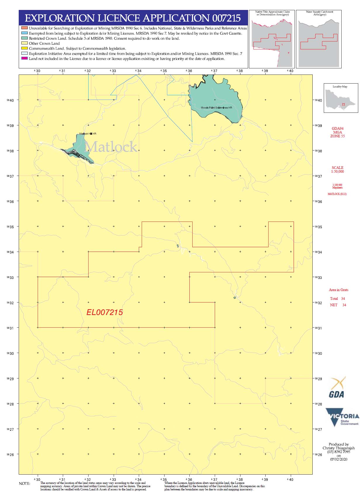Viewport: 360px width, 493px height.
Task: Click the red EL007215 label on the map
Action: click(x=104, y=312)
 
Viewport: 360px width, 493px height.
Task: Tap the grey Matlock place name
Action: click(x=111, y=147)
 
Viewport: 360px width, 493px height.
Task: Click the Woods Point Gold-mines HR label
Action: click(x=216, y=108)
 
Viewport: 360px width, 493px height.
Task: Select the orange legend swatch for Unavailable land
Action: click(x=24, y=28)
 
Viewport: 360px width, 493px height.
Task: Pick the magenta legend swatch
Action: click(x=24, y=59)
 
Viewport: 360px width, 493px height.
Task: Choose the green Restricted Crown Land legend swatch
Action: click(x=24, y=38)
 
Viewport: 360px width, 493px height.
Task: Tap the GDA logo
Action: click(x=337, y=388)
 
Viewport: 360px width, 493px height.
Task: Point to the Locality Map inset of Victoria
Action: click(x=341, y=99)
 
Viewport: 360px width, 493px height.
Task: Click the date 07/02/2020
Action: click(x=339, y=459)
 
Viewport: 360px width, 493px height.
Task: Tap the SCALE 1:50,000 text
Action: click(x=337, y=169)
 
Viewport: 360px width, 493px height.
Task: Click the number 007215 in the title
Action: click(x=226, y=18)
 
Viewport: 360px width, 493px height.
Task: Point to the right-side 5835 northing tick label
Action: click(x=318, y=227)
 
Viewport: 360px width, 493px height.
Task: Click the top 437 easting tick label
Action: click(x=214, y=71)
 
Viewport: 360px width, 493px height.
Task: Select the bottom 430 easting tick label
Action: click(x=37, y=480)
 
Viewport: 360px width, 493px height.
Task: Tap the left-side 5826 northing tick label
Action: click(x=10, y=454)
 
